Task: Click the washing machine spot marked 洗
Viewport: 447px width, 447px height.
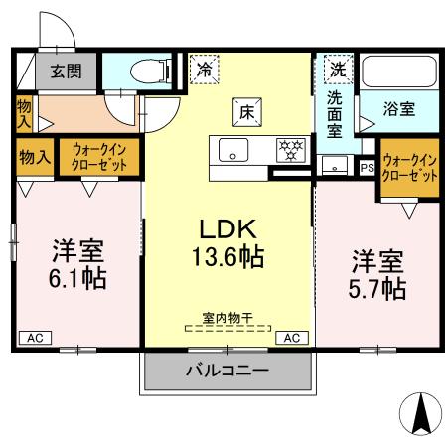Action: [x=339, y=70]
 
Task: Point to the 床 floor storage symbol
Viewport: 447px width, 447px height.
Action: [x=246, y=112]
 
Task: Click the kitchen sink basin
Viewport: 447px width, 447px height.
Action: [x=234, y=152]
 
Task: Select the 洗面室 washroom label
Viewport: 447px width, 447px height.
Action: [x=337, y=114]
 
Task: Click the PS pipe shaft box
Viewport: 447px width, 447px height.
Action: [x=367, y=168]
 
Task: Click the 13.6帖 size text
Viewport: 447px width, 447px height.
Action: [x=227, y=259]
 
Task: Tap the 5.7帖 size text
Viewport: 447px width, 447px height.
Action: [x=376, y=289]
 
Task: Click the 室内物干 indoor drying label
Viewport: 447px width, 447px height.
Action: [x=227, y=318]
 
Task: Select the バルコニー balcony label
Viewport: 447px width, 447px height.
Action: [x=226, y=372]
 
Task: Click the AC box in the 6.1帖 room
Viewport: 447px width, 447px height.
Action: [x=35, y=338]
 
